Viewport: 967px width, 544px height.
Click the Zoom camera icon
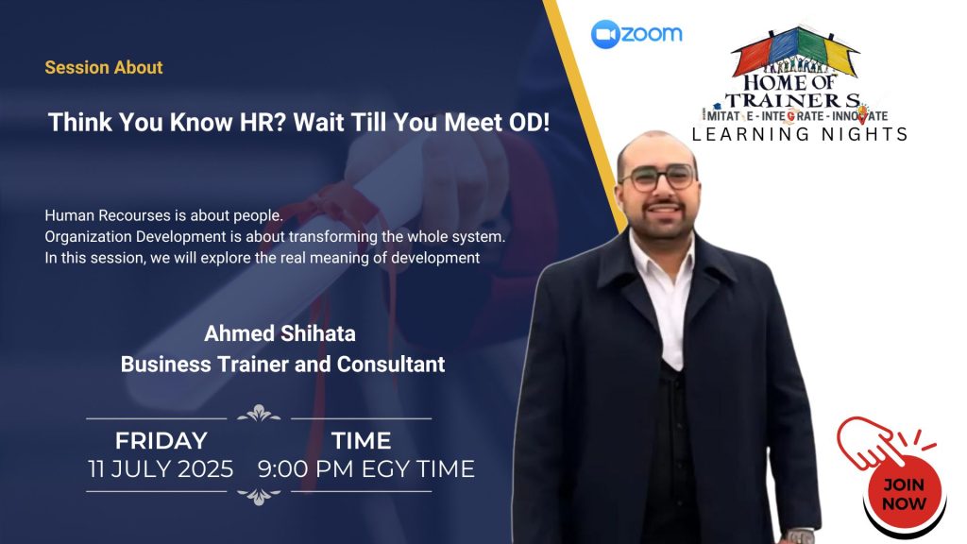(x=604, y=34)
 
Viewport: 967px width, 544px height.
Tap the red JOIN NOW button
(x=904, y=493)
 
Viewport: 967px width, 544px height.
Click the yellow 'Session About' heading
(x=104, y=67)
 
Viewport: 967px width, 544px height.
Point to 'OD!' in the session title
(x=529, y=122)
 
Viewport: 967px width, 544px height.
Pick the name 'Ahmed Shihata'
(x=280, y=333)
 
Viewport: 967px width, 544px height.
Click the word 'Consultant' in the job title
(x=391, y=364)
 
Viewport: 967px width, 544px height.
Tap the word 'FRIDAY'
(x=161, y=440)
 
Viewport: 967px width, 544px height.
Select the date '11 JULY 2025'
(x=161, y=468)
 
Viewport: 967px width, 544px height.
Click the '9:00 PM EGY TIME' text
(x=366, y=468)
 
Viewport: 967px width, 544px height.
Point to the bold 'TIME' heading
(x=362, y=440)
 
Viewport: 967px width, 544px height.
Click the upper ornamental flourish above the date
(x=259, y=414)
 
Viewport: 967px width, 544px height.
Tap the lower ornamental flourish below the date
(x=259, y=496)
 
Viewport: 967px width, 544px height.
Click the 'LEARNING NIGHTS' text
(x=800, y=134)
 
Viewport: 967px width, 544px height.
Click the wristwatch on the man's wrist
(x=800, y=536)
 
